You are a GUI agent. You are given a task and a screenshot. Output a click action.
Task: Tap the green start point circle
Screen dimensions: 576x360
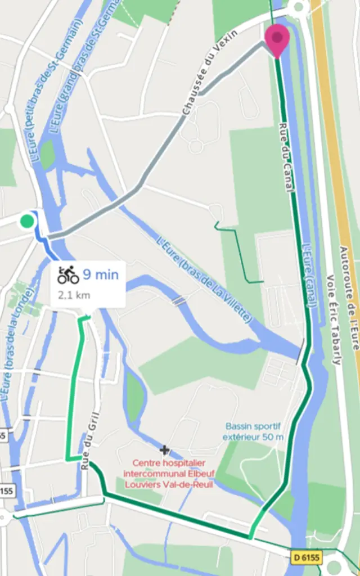pyautogui.click(x=26, y=221)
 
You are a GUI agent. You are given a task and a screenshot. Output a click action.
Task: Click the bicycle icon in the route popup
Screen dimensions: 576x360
pyautogui.click(x=68, y=275)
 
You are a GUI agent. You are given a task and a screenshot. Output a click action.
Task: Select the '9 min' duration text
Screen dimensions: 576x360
pyautogui.click(x=101, y=274)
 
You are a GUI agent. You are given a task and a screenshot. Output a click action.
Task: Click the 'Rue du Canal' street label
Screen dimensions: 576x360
pyautogui.click(x=286, y=157)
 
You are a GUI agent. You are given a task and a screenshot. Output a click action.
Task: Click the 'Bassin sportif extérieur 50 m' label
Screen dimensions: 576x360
pyautogui.click(x=253, y=431)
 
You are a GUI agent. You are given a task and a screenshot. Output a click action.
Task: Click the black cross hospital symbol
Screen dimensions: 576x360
pyautogui.click(x=164, y=450)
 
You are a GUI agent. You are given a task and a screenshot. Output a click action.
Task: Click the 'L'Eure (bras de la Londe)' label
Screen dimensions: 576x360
pyautogui.click(x=17, y=343)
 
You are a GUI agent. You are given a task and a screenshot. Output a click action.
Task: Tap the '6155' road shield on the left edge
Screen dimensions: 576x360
pyautogui.click(x=6, y=490)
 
